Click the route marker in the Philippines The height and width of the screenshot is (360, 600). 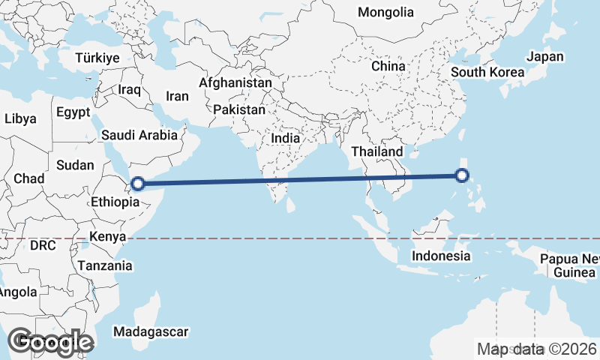click(462, 176)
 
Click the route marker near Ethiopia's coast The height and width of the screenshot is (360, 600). click(138, 183)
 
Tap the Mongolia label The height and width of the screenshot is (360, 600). click(385, 12)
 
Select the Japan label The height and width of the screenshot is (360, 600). click(544, 56)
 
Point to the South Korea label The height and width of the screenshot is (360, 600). click(487, 73)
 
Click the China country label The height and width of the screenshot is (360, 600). click(388, 66)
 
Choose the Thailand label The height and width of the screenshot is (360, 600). click(376, 151)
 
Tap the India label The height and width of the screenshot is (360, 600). click(285, 139)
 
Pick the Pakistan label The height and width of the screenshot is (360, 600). click(239, 109)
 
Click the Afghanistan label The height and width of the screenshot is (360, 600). click(235, 82)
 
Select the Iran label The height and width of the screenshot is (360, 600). click(177, 96)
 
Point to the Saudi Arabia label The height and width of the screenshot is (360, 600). click(139, 136)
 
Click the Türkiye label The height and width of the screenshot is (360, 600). click(98, 58)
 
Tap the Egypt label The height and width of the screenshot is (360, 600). click(73, 112)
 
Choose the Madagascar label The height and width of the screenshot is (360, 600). click(150, 331)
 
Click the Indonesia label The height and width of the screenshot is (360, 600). click(441, 256)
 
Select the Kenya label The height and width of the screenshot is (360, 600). click(106, 237)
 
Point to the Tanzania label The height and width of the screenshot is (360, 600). click(104, 265)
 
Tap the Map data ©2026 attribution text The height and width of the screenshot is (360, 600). click(537, 349)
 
